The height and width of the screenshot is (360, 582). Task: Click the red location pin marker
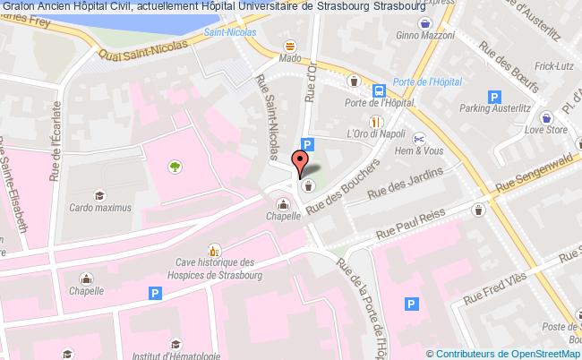[x=302, y=162]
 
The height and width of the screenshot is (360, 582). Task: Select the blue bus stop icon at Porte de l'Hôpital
[x=380, y=90]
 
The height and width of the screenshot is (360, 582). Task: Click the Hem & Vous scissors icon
[x=418, y=138]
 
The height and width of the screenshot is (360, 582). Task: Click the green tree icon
[x=174, y=166]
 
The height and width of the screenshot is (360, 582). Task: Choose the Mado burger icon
[x=289, y=45]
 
